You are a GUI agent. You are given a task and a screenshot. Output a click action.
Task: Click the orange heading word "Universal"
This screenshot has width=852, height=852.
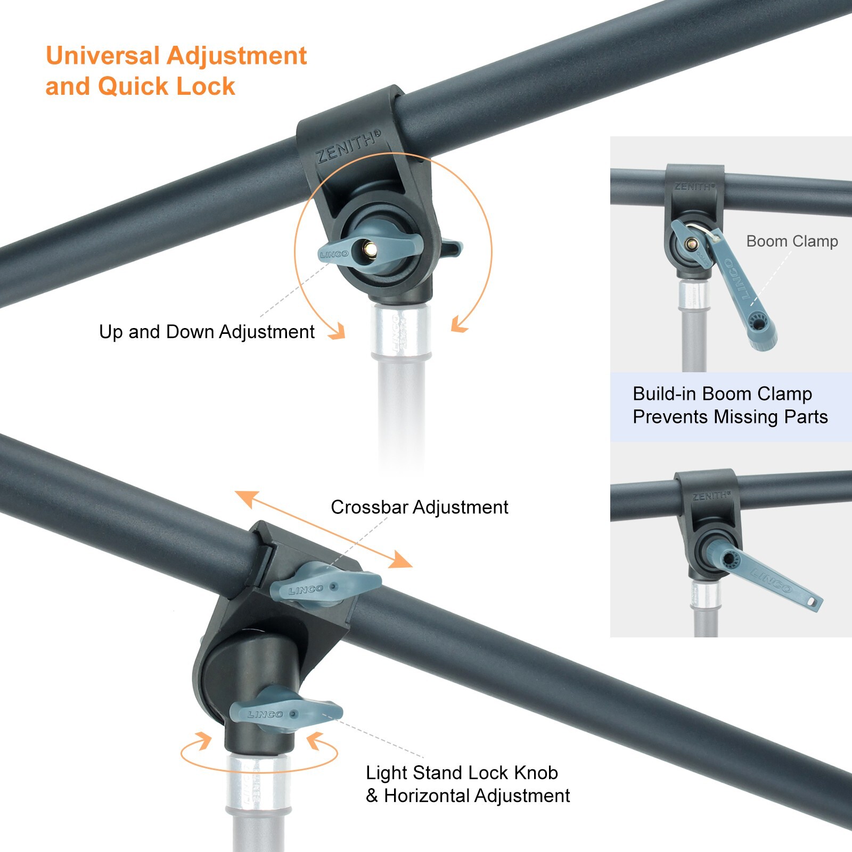(103, 56)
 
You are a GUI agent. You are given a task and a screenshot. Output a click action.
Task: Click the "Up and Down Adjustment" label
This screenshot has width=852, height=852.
(207, 332)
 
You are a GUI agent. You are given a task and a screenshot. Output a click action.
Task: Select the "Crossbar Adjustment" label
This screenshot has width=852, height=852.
(419, 507)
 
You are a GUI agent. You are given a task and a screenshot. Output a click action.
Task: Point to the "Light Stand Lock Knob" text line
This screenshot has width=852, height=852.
(462, 773)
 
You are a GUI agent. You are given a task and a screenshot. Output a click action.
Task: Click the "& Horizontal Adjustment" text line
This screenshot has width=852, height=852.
(468, 796)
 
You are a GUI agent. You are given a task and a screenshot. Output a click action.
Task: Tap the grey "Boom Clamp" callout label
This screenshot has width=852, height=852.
(792, 241)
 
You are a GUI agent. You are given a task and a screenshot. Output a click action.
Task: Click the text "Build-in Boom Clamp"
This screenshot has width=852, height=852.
(722, 394)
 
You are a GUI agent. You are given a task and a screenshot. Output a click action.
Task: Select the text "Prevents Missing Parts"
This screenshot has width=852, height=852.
(730, 416)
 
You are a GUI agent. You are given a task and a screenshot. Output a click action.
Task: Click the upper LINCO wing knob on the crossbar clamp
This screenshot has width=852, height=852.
(326, 586)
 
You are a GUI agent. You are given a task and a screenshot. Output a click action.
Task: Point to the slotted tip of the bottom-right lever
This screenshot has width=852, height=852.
(813, 601)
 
